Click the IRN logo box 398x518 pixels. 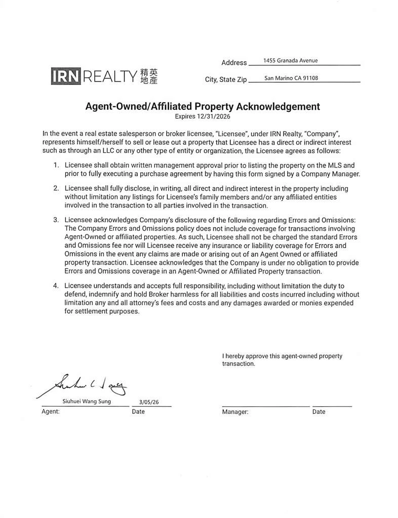click(x=65, y=76)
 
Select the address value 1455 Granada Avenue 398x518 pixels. click(x=290, y=61)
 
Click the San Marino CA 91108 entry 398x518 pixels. click(x=291, y=78)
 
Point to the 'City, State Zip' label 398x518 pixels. click(x=225, y=80)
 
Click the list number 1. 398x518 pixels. click(x=56, y=165)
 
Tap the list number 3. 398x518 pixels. click(x=56, y=220)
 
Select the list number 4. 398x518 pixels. click(x=56, y=286)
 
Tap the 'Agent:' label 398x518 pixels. click(x=50, y=412)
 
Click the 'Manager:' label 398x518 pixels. click(x=235, y=412)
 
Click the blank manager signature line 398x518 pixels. click(x=265, y=405)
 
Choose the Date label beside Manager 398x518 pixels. click(x=319, y=412)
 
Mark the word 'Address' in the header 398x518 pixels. click(x=234, y=63)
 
